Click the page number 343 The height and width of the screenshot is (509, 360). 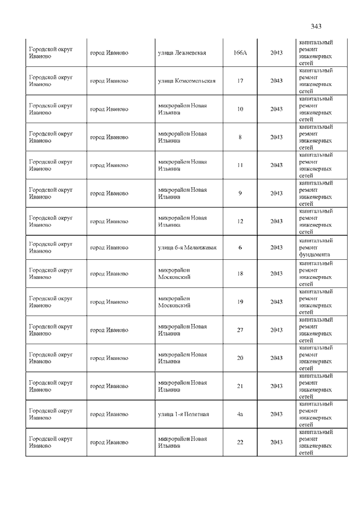tap(316, 26)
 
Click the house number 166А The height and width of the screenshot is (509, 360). tap(240, 53)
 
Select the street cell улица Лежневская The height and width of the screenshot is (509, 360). tap(182, 53)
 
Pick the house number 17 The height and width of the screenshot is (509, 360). tap(240, 81)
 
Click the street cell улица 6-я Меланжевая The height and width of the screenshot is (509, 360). tap(187, 247)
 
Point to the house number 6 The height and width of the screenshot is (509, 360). tap(240, 247)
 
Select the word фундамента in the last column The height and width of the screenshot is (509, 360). tap(314, 254)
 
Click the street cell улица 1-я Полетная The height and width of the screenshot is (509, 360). tap(183, 415)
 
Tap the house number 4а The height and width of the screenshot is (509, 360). tap(240, 415)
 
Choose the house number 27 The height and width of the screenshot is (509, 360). tap(240, 330)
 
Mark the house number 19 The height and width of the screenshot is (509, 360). tap(240, 302)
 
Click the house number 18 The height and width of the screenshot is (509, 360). tap(240, 274)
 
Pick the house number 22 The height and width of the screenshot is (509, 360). tap(240, 443)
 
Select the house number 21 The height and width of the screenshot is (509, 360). tap(240, 386)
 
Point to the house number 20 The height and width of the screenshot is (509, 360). tap(240, 358)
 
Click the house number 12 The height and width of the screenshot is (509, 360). tap(240, 222)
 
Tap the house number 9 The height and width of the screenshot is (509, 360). tap(240, 193)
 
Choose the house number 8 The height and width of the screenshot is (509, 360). tap(240, 137)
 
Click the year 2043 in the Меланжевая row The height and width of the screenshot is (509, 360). tap(276, 247)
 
